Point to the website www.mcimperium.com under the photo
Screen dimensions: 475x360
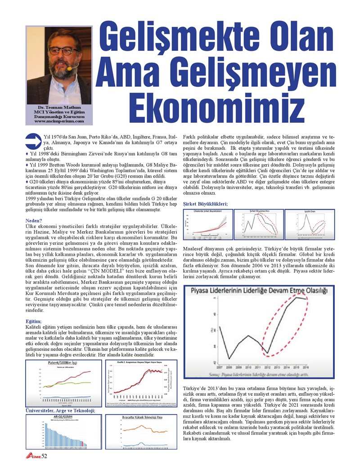point(59,121)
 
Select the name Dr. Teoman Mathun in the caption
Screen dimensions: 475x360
point(59,108)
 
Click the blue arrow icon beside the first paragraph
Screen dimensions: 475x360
point(33,140)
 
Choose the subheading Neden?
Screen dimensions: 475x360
point(34,220)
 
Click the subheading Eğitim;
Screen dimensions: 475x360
point(34,321)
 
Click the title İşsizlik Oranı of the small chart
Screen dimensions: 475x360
point(310,211)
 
